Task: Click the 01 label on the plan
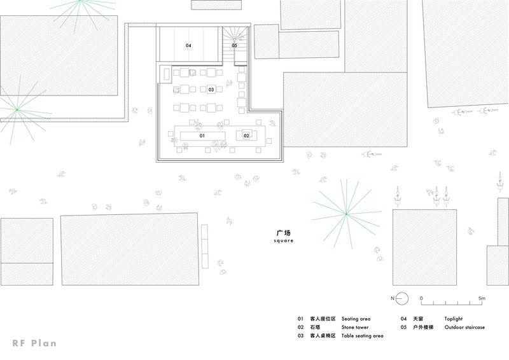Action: tap(202, 135)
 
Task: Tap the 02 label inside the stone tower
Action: tap(246, 135)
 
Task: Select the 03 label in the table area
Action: tap(211, 90)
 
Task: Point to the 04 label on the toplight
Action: tap(188, 45)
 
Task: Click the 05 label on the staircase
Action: tap(234, 45)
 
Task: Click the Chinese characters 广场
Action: tap(283, 233)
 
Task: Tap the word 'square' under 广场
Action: tap(283, 240)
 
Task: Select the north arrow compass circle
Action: tap(402, 298)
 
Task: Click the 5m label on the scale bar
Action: tap(482, 298)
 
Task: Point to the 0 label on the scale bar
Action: tap(421, 298)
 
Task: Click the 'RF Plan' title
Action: tap(34, 343)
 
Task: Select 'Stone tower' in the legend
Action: tap(355, 327)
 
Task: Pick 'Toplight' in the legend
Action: tap(453, 319)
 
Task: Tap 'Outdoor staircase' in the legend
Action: tap(464, 327)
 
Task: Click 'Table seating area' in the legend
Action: tap(362, 336)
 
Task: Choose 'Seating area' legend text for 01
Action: tap(356, 319)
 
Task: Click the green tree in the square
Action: tap(346, 214)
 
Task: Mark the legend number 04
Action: tap(403, 319)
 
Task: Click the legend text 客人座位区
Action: tap(323, 319)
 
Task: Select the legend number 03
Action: tap(300, 336)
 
